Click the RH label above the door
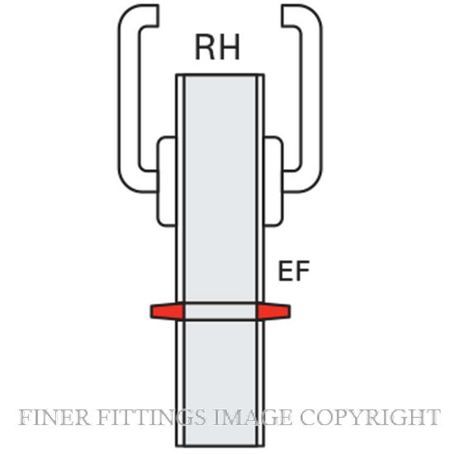click(x=218, y=47)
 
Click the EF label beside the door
click(x=294, y=271)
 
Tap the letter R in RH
click(x=205, y=47)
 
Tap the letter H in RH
click(x=230, y=47)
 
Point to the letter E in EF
click(x=285, y=271)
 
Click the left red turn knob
click(x=167, y=311)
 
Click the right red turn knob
click(x=273, y=311)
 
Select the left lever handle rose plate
click(x=166, y=182)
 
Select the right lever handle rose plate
click(x=274, y=182)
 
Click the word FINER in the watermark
click(x=54, y=418)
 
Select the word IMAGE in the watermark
click(x=253, y=418)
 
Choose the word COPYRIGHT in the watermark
click(x=371, y=418)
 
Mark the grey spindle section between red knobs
click(x=220, y=311)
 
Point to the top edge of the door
click(x=220, y=74)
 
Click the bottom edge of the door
click(x=220, y=446)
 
